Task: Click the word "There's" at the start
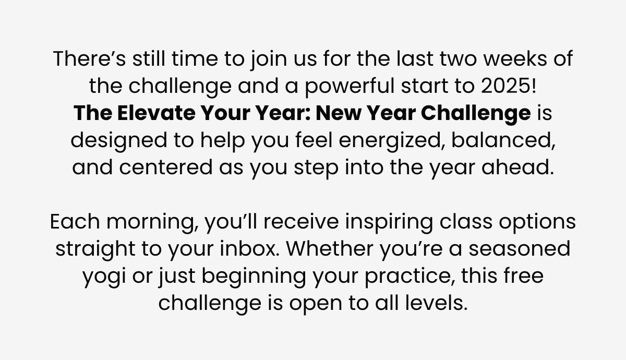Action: point(89,58)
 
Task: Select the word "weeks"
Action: point(515,58)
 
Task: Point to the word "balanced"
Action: point(503,140)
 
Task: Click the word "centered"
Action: point(166,167)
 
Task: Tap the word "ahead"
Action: point(517,167)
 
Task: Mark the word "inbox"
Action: point(249,248)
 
